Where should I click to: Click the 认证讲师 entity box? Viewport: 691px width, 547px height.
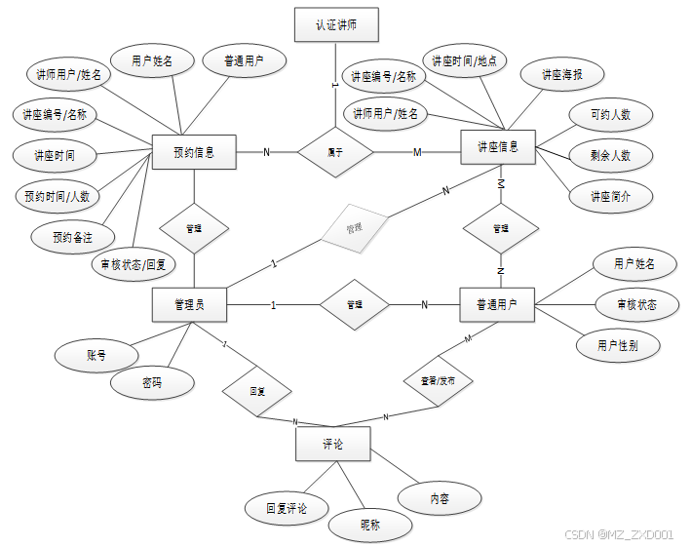click(335, 25)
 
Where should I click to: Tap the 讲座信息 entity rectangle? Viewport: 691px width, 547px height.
click(499, 147)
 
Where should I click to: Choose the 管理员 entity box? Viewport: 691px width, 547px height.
click(190, 304)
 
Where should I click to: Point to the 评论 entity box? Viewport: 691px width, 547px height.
click(332, 444)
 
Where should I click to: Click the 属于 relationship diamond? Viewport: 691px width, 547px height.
click(335, 151)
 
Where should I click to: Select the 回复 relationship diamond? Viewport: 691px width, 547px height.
click(257, 391)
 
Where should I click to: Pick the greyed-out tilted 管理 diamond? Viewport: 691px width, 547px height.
click(354, 227)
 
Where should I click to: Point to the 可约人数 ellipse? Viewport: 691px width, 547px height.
click(610, 114)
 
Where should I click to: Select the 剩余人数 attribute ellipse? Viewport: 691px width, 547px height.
click(610, 155)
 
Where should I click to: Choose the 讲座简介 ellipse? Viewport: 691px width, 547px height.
click(610, 195)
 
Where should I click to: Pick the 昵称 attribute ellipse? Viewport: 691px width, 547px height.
click(370, 525)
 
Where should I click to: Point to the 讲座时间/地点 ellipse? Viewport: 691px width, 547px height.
click(464, 60)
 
